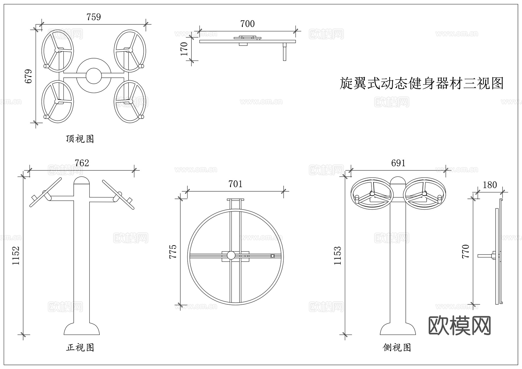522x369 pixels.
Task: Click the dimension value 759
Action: pos(94,17)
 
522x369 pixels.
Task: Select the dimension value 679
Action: pos(28,76)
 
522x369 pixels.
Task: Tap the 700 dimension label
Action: pos(247,24)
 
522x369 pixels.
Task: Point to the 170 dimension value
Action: pos(184,49)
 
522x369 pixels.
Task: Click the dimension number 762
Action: pos(82,163)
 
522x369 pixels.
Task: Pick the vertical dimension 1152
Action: pos(16,255)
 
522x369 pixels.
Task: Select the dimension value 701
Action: pos(235,184)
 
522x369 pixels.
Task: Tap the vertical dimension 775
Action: pos(173,252)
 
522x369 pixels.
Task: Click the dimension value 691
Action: pos(398,163)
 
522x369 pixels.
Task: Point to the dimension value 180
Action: pos(490,185)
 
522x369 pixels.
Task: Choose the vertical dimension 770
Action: pos(465,252)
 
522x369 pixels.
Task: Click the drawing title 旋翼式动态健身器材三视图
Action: pos(421,83)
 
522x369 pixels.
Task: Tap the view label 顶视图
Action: pos(80,139)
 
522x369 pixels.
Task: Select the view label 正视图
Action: pos(80,347)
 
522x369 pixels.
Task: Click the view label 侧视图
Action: pos(397,347)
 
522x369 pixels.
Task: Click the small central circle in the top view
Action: pos(94,76)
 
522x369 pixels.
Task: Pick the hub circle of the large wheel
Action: pos(231,255)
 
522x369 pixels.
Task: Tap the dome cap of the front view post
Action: pos(82,181)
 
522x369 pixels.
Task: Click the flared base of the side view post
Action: pos(398,329)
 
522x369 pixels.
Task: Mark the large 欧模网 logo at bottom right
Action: pos(460,326)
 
